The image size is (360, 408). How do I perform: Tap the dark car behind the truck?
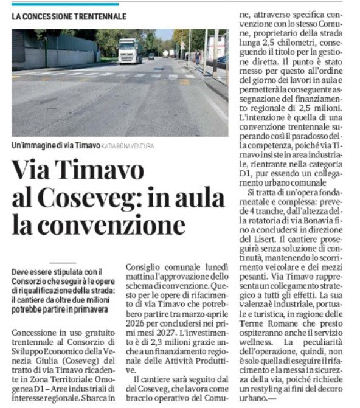point(151,56)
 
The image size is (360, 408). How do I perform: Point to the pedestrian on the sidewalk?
point(198,57)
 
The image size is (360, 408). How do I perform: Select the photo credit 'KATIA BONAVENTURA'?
point(128,146)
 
